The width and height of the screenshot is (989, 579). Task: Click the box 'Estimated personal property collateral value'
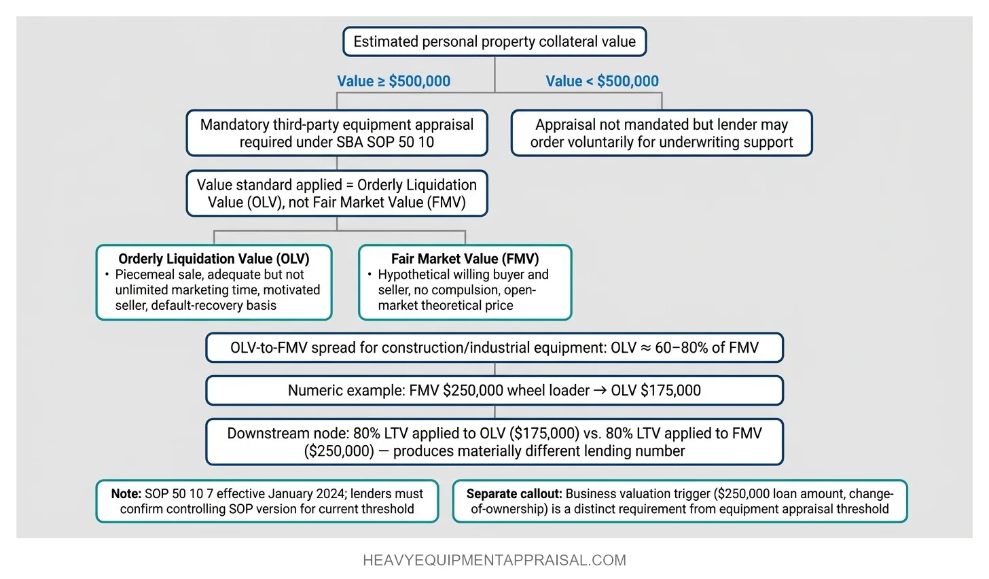(494, 41)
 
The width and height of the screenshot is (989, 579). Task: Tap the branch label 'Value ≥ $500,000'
(393, 81)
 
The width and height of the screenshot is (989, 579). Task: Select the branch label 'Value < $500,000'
(602, 81)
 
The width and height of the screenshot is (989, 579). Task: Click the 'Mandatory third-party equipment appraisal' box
(337, 133)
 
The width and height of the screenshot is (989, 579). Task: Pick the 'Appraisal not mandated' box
(662, 133)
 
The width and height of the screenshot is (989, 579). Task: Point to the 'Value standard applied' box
(337, 194)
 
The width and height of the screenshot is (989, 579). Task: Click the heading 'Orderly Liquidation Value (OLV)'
(214, 259)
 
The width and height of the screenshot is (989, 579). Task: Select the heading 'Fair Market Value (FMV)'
(465, 259)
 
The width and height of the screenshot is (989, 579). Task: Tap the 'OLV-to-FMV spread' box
(494, 348)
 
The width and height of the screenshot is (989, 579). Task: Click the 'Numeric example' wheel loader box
(494, 391)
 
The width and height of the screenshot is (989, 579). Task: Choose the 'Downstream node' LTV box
(494, 442)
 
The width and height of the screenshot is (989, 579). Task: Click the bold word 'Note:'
(126, 493)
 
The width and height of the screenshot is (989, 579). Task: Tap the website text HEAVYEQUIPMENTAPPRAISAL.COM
(494, 561)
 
